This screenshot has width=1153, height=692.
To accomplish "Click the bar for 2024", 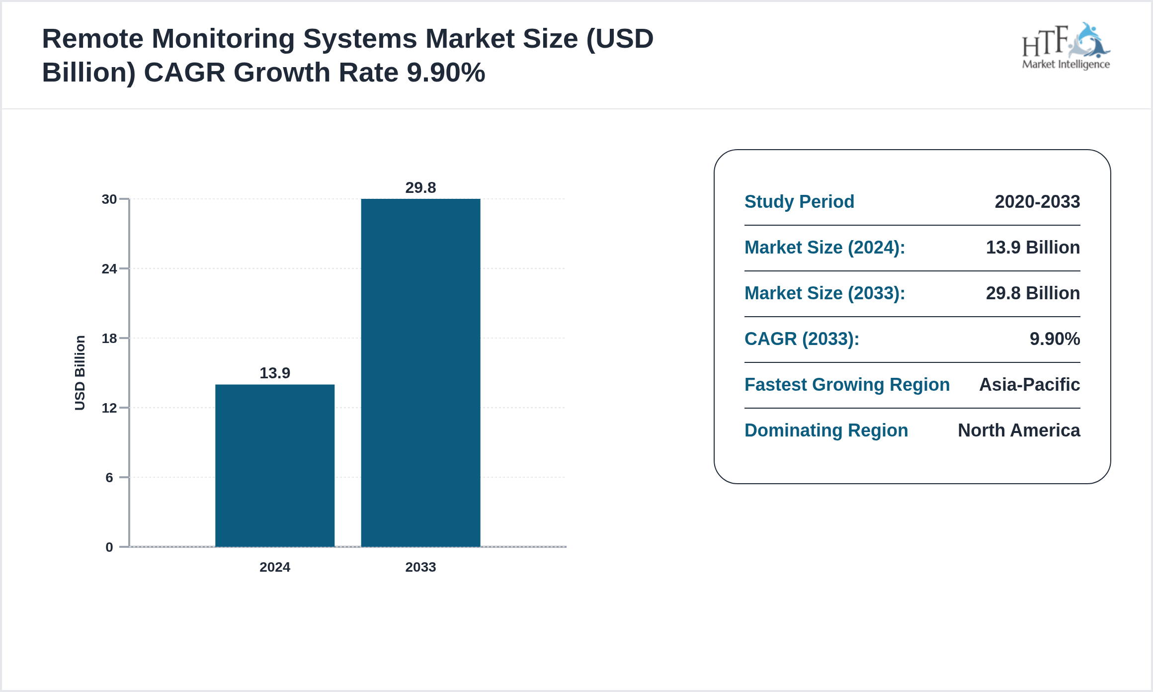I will (275, 465).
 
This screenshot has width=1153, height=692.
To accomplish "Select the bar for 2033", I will (420, 373).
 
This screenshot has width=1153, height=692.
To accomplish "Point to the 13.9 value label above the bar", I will (275, 373).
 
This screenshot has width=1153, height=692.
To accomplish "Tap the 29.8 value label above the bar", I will (420, 187).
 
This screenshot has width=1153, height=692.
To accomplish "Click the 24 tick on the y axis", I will (109, 269).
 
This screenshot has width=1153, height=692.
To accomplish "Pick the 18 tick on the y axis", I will (109, 339).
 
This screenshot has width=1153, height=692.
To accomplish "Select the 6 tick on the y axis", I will (109, 478).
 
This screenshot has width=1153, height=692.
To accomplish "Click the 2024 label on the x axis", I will (275, 567).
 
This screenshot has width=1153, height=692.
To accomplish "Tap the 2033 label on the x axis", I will (420, 567).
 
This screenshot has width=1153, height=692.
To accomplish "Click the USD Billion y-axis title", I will (80, 373).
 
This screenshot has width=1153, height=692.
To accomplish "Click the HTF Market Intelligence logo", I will (1066, 47).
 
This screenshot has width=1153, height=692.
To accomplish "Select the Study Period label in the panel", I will (799, 202).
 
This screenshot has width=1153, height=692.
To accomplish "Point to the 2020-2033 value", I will (1037, 202).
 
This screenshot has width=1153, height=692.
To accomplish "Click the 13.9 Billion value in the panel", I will (1033, 248).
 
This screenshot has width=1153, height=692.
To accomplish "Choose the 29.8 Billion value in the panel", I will (1033, 293).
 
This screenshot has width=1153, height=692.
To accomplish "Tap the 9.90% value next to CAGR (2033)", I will (1055, 339).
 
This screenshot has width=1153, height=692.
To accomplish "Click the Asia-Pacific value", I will (1029, 385).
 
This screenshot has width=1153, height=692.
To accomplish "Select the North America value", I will (1019, 431).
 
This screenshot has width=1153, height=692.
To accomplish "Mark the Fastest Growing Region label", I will (847, 385).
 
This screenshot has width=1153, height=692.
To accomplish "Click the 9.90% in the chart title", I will (446, 73).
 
